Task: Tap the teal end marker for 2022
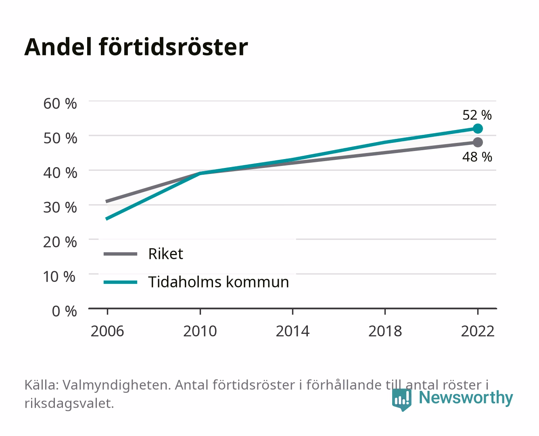[x=478, y=129]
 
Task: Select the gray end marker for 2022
[x=478, y=142]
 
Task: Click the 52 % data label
[x=477, y=115]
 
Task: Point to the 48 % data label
[x=477, y=157]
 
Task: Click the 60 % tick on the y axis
[x=60, y=104]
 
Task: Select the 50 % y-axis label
[x=60, y=138]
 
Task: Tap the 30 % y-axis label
[x=60, y=208]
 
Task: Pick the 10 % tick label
[x=59, y=277]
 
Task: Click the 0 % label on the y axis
[x=64, y=311]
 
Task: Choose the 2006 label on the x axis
[x=107, y=331]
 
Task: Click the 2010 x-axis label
[x=200, y=331]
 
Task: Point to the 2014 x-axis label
[x=292, y=331]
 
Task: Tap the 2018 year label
[x=385, y=331]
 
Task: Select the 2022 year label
[x=478, y=331]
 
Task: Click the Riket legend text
[x=166, y=254]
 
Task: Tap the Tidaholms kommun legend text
[x=219, y=282]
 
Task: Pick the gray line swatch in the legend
[x=121, y=254]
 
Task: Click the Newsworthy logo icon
[x=401, y=400]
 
